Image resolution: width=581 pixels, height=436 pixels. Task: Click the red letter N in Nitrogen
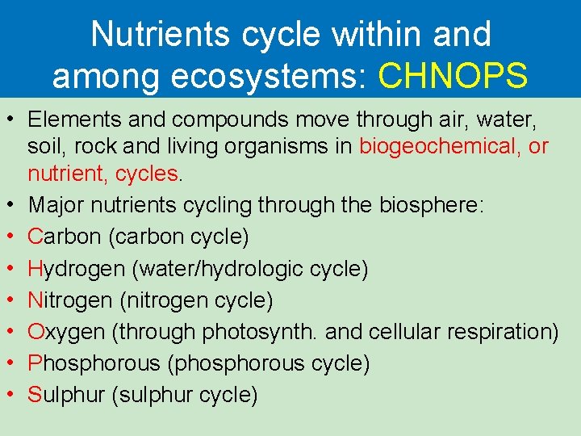tap(35, 300)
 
